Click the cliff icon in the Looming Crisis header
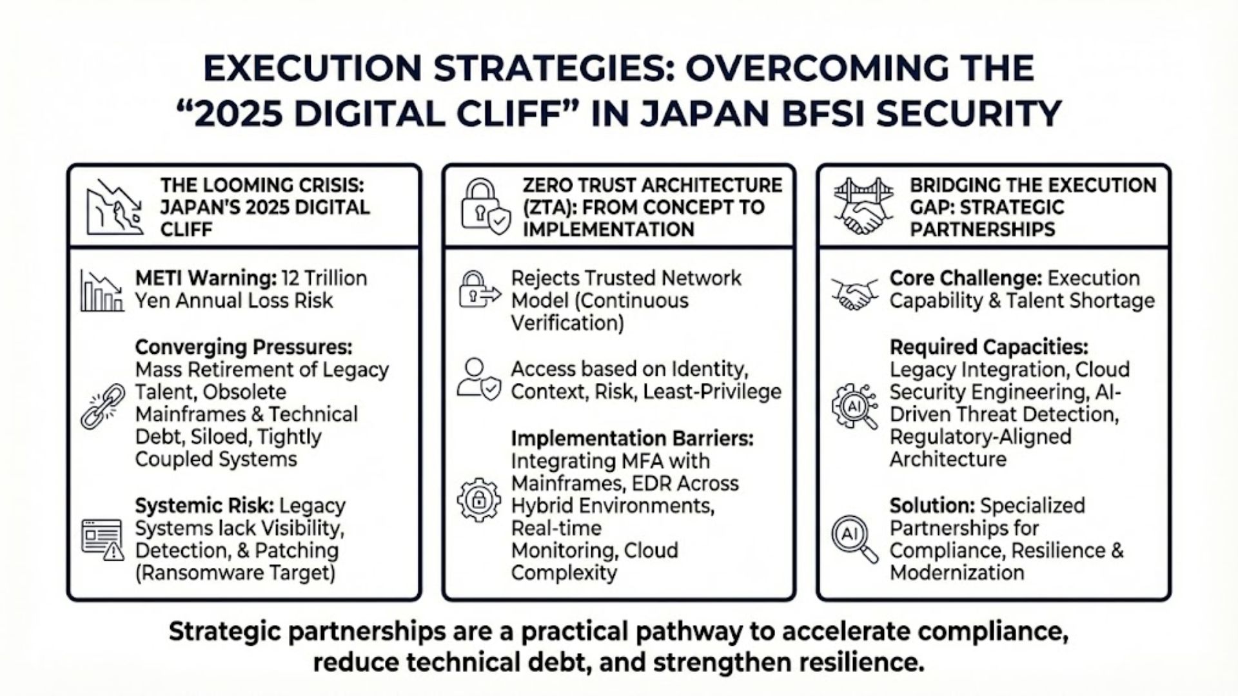click(115, 207)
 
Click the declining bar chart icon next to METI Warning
click(102, 291)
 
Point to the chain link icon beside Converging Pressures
click(103, 406)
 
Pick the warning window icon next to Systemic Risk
click(103, 539)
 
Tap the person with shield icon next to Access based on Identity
click(478, 380)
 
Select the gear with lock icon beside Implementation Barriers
click(478, 499)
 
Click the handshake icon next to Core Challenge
click(854, 293)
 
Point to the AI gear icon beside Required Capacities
click(854, 406)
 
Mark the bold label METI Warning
click(206, 278)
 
